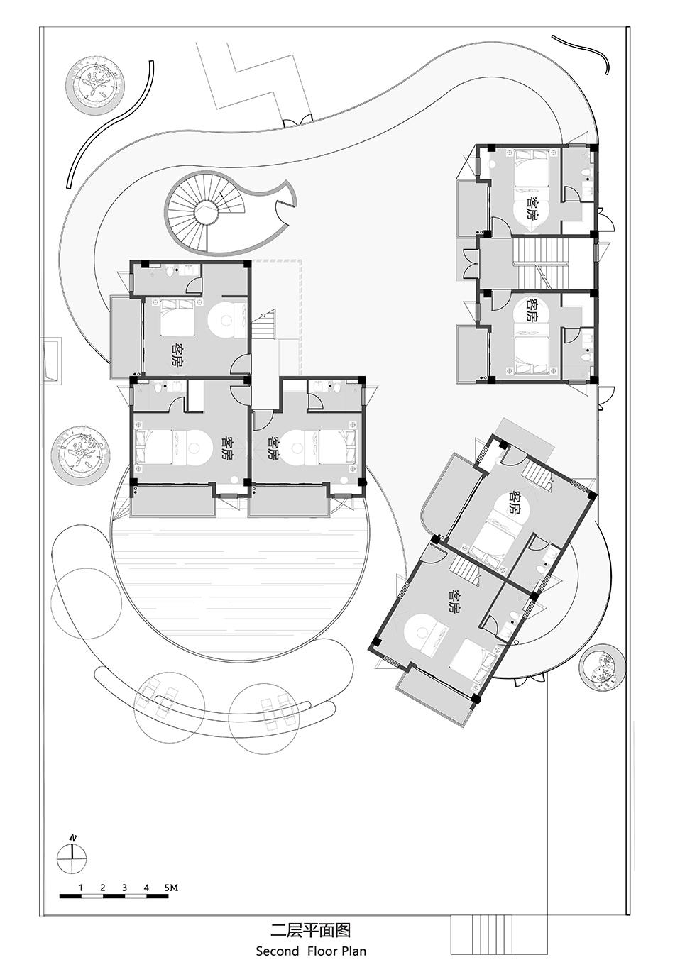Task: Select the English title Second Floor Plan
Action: click(311, 948)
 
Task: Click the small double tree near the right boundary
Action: click(602, 664)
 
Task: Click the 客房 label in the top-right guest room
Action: click(534, 208)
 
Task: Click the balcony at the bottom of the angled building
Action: click(434, 698)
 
